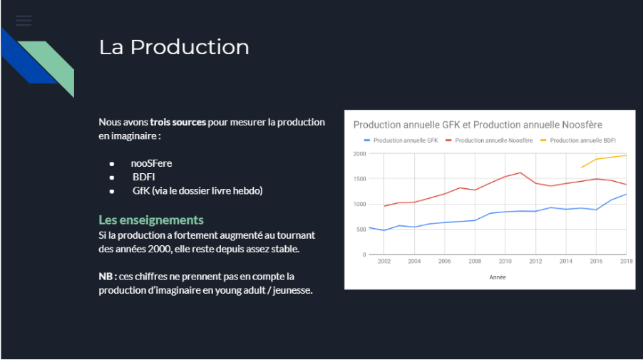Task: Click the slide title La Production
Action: (174, 47)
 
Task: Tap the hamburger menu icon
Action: (24, 21)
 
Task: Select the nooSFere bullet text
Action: (151, 163)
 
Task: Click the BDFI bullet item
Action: (143, 177)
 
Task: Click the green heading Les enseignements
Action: (151, 220)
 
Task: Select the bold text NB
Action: (106, 277)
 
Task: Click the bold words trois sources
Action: (178, 122)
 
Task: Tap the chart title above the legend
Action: (478, 125)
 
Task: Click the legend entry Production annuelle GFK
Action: (401, 140)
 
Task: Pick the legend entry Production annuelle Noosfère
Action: (489, 140)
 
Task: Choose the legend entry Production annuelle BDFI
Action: (578, 140)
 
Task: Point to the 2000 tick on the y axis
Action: (359, 154)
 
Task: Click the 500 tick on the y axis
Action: (361, 230)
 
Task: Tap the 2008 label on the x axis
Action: (475, 261)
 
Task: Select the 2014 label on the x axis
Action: (566, 261)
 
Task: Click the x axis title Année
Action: (498, 277)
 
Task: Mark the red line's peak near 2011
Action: (520, 173)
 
